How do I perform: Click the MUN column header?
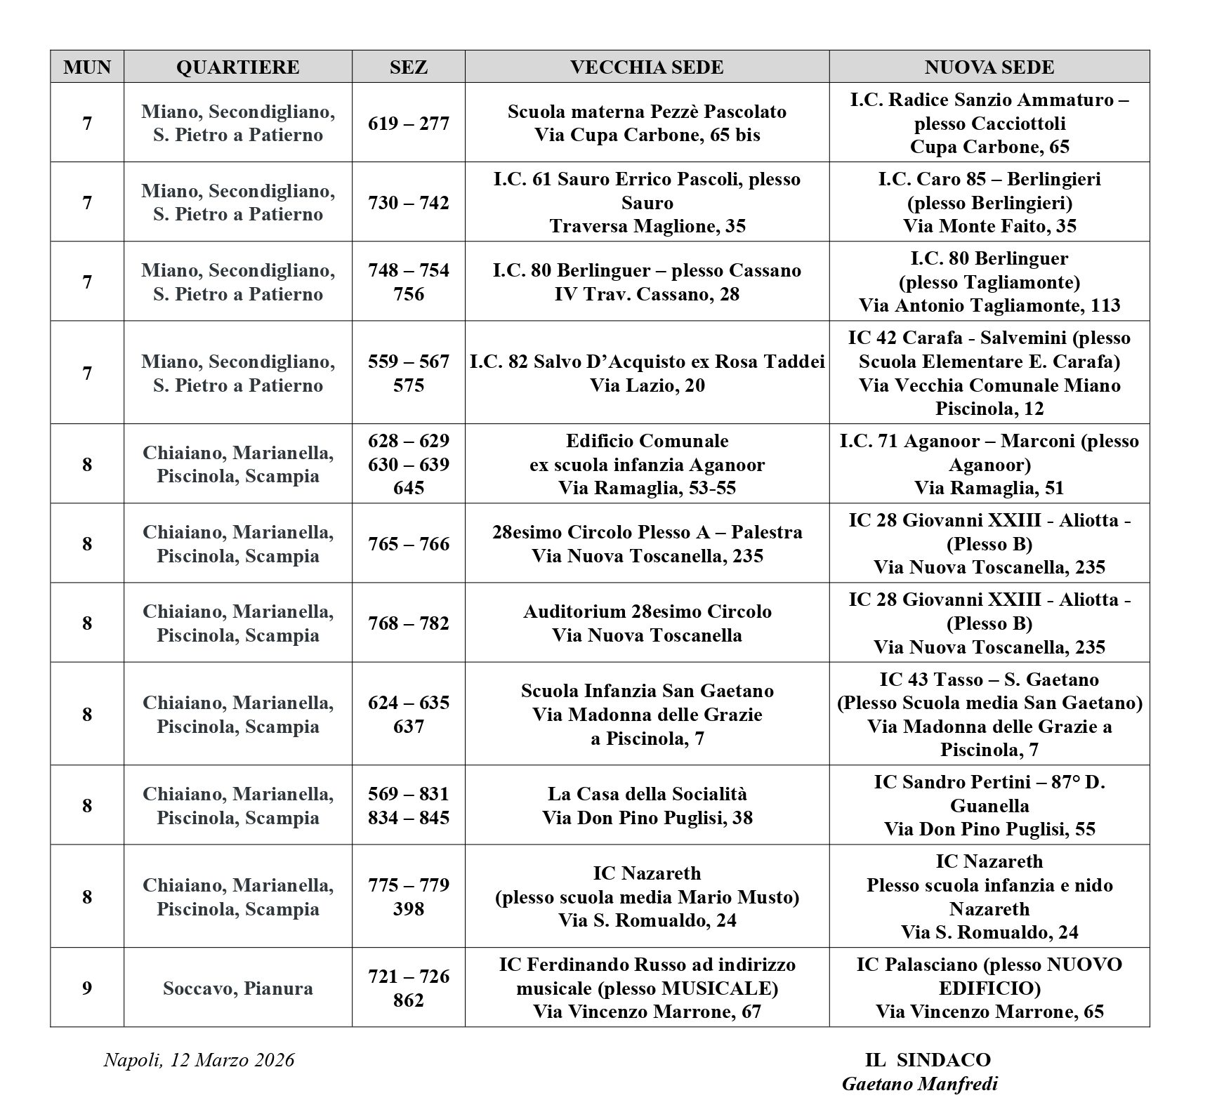(87, 67)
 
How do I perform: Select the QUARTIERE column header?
(237, 67)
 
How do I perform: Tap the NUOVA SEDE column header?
(989, 67)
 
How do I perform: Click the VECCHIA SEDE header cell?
(646, 67)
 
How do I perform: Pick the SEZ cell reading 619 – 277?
(408, 124)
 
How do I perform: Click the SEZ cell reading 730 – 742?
(408, 203)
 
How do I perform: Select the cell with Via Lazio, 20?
(646, 373)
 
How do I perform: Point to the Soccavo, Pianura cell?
(237, 988)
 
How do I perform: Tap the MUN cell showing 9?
(87, 988)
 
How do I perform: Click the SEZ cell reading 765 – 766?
(408, 544)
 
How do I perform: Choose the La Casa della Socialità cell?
(646, 806)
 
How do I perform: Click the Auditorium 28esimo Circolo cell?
(646, 623)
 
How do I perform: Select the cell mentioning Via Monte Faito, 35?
(989, 203)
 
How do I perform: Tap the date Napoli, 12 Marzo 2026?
(199, 1059)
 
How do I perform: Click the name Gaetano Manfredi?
(919, 1084)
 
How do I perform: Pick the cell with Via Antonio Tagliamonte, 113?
(989, 282)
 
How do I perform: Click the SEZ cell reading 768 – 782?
(408, 623)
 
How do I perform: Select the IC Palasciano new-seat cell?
(989, 988)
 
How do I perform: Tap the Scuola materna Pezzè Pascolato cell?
(646, 124)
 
